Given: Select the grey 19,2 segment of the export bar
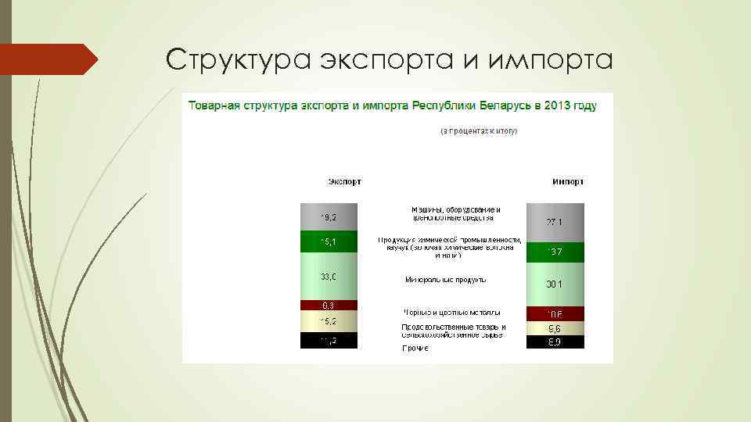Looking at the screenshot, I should (x=329, y=217).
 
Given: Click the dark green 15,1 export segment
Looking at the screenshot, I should (x=329, y=241).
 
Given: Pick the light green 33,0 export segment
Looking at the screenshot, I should (x=329, y=277).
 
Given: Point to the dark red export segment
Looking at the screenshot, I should (x=329, y=305).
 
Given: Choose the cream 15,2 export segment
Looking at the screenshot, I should (x=329, y=321).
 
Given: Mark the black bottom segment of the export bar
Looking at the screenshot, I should (x=329, y=341).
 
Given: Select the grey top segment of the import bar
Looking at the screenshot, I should (x=555, y=223).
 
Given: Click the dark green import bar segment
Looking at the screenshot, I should (x=555, y=252).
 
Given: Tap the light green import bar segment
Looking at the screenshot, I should (x=555, y=284).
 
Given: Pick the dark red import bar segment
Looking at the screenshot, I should (x=555, y=313).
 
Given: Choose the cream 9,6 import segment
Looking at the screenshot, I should (x=555, y=328).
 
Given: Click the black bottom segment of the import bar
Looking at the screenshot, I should (x=555, y=342).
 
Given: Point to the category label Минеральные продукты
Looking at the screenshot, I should (x=446, y=279).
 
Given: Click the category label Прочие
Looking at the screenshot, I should (x=415, y=348).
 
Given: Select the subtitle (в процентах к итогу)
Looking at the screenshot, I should (x=478, y=131).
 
